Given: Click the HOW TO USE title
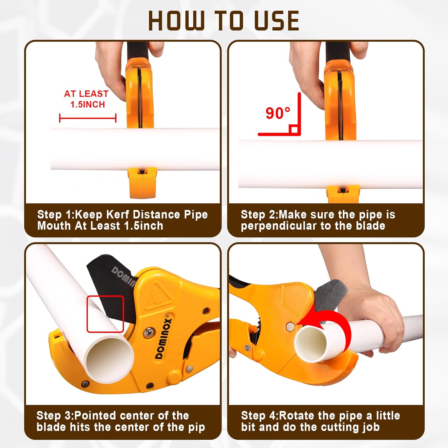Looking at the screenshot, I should coord(224,21).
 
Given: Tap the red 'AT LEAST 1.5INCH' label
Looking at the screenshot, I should coord(86,99).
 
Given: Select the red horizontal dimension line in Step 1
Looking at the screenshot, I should coord(88,118).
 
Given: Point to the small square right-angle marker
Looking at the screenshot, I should coord(294,129).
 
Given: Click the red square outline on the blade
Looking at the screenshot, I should coord(105,314).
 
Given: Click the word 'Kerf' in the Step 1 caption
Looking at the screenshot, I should coord(118,214).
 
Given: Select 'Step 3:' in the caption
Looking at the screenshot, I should coord(55,415).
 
